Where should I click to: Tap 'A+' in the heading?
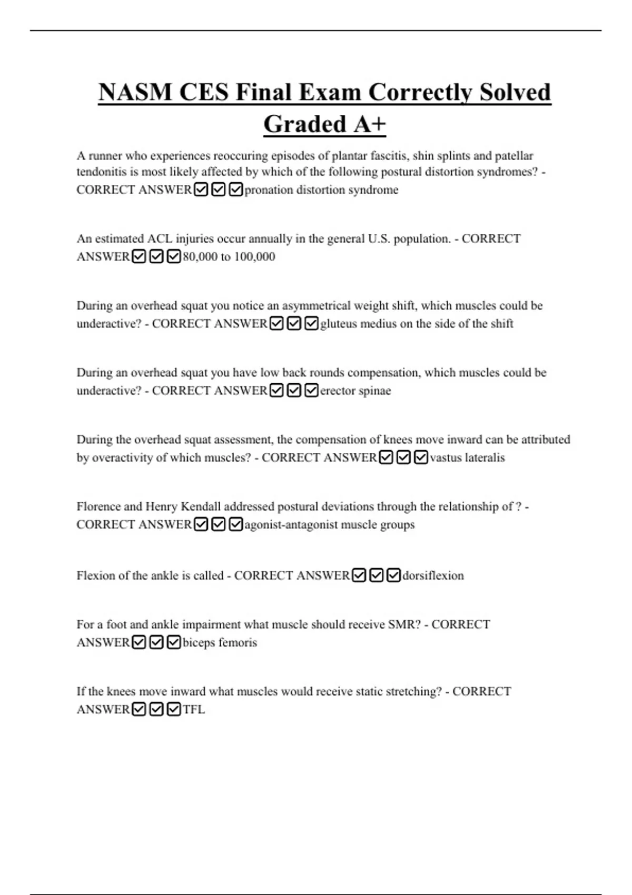(370, 125)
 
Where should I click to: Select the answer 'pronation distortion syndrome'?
(321, 190)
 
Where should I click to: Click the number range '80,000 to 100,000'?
(229, 256)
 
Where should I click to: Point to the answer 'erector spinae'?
(355, 391)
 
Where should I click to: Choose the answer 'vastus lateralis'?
(467, 458)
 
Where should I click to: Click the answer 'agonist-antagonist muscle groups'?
(329, 524)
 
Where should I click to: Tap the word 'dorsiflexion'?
(433, 575)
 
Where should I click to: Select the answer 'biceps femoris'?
(220, 642)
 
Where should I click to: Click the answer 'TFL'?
(193, 709)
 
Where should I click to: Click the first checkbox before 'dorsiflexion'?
(359, 575)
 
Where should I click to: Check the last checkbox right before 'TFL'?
(173, 709)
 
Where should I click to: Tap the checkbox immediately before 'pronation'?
(236, 190)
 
